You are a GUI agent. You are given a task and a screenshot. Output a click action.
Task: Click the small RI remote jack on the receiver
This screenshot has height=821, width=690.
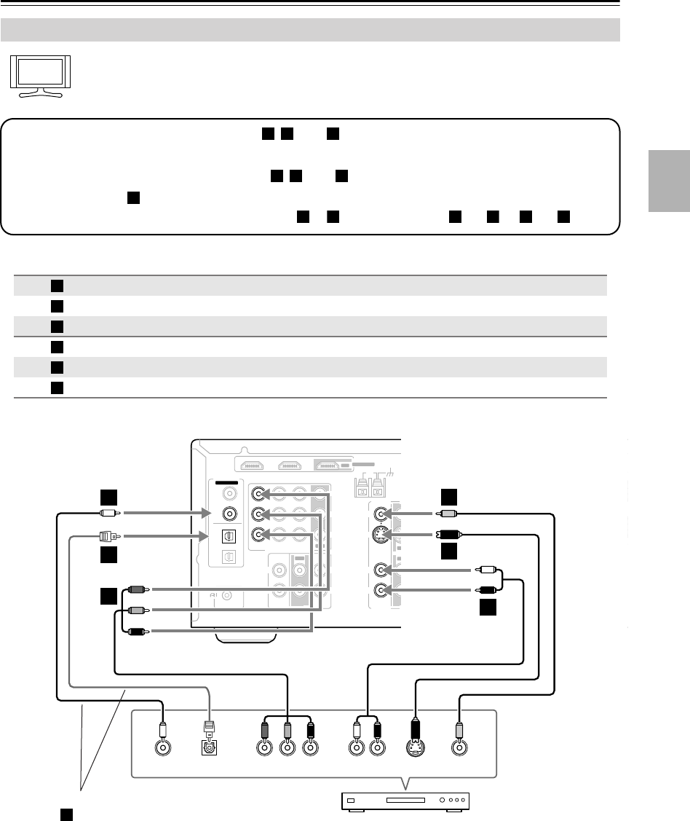click(x=229, y=596)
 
